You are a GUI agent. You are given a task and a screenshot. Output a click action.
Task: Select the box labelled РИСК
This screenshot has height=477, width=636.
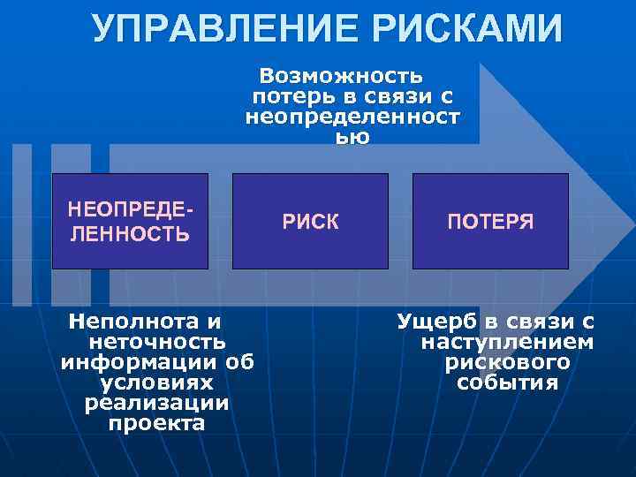[310, 221]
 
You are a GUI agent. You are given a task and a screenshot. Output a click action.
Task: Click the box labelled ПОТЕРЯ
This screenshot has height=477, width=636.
[490, 221]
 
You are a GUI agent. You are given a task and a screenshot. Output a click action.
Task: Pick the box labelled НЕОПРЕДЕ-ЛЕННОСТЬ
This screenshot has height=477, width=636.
[130, 221]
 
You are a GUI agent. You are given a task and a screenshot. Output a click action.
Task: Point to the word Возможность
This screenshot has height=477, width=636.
[341, 74]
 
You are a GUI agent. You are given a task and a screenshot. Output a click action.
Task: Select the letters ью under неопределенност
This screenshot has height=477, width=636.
[352, 137]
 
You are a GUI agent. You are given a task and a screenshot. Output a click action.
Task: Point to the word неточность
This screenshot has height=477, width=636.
[157, 341]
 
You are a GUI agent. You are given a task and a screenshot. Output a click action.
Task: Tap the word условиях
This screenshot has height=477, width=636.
[157, 382]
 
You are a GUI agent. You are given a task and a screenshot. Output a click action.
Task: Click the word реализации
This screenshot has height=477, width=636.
[156, 403]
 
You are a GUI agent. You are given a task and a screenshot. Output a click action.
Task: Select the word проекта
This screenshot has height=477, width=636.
[157, 423]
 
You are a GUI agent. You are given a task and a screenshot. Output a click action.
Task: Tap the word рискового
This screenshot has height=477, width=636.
[507, 361]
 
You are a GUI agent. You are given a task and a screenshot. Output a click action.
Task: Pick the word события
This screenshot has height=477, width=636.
[507, 382]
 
